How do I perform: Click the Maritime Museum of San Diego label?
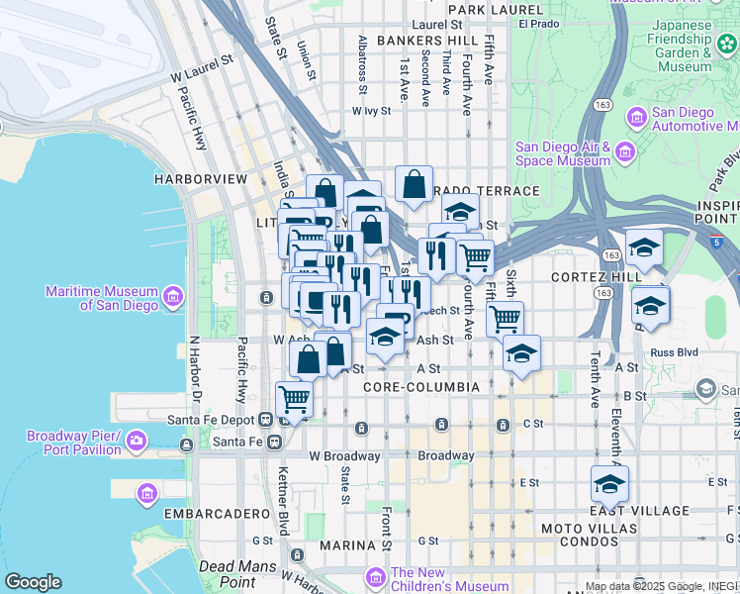(102, 298)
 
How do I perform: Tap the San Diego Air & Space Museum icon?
(624, 152)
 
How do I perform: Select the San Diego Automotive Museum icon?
(636, 118)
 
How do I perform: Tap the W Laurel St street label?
(202, 66)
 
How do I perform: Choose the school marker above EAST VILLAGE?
(609, 484)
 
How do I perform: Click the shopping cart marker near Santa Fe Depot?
(295, 400)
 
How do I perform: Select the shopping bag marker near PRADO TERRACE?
(414, 183)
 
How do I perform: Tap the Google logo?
(33, 582)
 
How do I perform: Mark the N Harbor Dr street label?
(195, 377)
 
